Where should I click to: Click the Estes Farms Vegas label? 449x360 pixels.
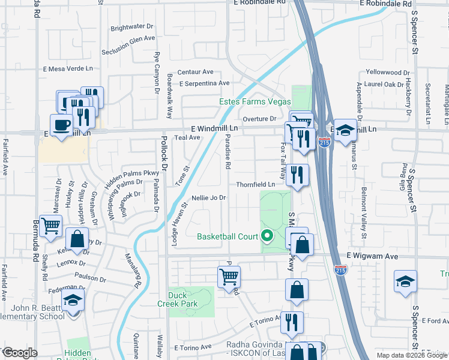(x=255, y=101)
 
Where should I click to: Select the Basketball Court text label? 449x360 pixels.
(x=228, y=236)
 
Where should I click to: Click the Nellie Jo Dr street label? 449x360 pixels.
(x=208, y=197)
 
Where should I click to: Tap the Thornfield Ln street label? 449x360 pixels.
(x=255, y=184)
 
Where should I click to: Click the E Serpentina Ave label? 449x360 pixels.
(x=204, y=83)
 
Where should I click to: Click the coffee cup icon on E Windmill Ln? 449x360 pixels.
(x=62, y=125)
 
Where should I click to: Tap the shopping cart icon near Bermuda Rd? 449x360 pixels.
(x=51, y=226)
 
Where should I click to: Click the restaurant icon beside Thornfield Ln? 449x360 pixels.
(x=297, y=175)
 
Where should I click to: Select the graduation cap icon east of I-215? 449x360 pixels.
(x=345, y=129)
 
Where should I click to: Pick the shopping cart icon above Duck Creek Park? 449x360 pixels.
(x=229, y=276)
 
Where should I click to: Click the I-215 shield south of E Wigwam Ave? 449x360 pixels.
(x=340, y=271)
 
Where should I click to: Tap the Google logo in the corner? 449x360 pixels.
(x=19, y=352)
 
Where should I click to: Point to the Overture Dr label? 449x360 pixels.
(x=259, y=119)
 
